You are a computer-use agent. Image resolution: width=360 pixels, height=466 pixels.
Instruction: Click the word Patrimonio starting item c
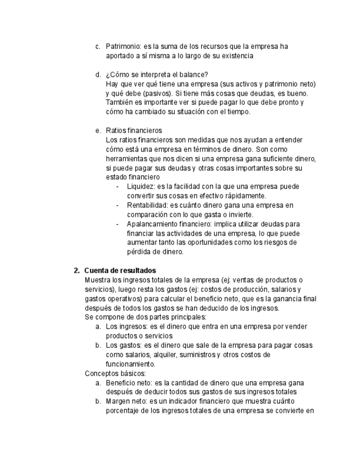[x=123, y=47]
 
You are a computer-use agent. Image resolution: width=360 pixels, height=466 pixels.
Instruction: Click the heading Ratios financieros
[x=134, y=131]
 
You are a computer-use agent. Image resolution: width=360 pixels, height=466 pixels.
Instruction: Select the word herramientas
[x=127, y=159]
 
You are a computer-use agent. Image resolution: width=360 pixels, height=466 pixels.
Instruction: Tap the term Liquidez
[x=140, y=187]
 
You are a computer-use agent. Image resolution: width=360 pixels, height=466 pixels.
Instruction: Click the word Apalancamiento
[x=154, y=224]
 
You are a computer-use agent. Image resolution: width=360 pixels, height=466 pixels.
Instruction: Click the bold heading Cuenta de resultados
[x=120, y=270]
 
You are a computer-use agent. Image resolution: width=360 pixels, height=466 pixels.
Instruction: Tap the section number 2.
[x=77, y=270]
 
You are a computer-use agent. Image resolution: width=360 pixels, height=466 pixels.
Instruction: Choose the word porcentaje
[x=123, y=410]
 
